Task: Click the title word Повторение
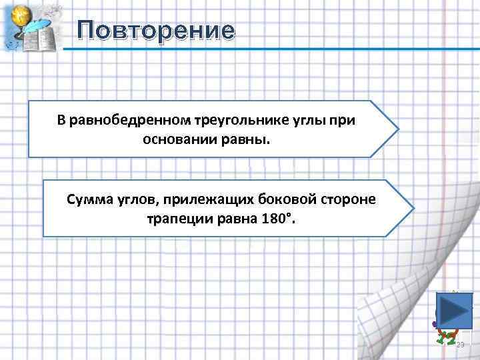(155, 31)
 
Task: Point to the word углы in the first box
(299, 121)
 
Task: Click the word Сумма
(87, 199)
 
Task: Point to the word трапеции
(178, 219)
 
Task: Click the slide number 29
(459, 345)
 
